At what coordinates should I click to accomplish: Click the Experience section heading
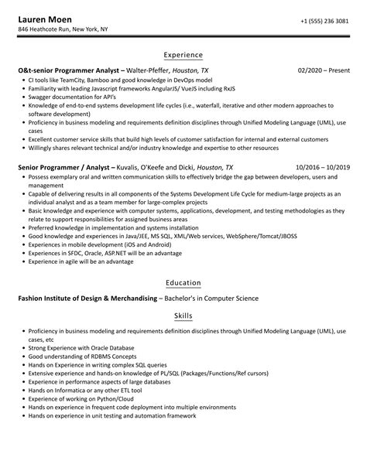click(183, 55)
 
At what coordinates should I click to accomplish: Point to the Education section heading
click(183, 282)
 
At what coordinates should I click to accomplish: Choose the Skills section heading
click(183, 316)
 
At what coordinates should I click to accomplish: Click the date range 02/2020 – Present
click(323, 70)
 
